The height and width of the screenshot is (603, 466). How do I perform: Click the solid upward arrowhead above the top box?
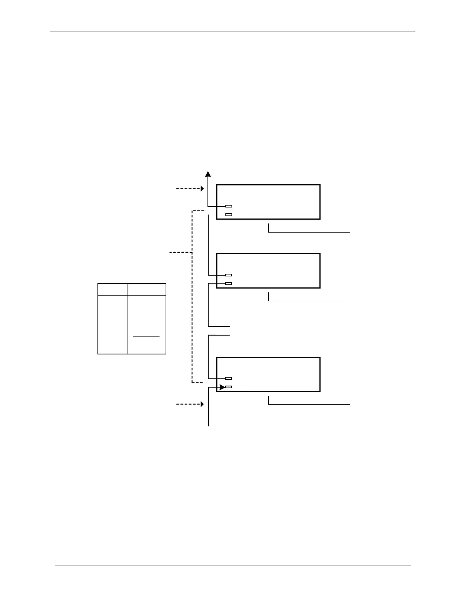point(208,174)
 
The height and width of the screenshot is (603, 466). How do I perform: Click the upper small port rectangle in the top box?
point(228,206)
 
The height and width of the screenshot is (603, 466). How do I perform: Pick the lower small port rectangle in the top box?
point(228,215)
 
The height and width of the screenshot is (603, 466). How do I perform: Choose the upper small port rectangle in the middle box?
point(228,275)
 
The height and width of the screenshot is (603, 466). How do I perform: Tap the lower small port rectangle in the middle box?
point(228,284)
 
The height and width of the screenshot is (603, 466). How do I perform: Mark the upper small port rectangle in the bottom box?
point(228,378)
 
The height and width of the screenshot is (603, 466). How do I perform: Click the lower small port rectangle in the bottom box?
point(228,387)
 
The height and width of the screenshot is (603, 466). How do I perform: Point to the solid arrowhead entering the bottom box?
point(222,388)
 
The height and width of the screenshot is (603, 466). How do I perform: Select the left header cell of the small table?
point(113,290)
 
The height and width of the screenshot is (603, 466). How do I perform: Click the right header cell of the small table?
point(147,290)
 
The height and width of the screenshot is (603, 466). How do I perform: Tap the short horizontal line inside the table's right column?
point(146,336)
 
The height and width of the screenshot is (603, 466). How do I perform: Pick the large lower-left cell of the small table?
point(113,325)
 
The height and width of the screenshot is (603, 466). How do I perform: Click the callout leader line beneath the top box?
point(309,232)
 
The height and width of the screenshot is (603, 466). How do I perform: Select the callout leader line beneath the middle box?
point(309,301)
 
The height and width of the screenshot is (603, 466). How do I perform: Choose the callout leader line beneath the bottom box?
point(309,404)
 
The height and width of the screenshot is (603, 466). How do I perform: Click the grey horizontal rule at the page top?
point(233,32)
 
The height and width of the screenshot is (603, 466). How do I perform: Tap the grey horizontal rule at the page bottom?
point(233,565)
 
